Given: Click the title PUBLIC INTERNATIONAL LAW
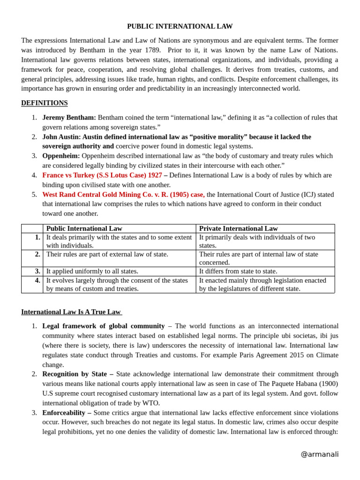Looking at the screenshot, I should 180,26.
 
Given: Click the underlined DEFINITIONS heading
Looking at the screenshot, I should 44,103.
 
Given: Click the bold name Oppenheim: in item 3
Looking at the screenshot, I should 61,156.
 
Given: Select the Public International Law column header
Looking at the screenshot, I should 84,229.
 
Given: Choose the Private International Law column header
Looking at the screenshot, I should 238,229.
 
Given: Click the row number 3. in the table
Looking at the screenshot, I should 37,271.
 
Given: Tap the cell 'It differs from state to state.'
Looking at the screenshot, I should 238,271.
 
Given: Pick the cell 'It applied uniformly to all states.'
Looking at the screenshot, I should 92,271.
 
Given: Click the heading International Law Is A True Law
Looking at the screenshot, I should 71,312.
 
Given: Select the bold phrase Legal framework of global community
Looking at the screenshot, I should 103,326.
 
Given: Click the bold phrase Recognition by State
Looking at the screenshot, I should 77,374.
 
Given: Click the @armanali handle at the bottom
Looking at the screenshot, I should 319,454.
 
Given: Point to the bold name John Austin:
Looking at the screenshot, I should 61,137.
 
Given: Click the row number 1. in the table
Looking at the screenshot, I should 37,237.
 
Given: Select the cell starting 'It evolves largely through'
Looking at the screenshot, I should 117,285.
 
